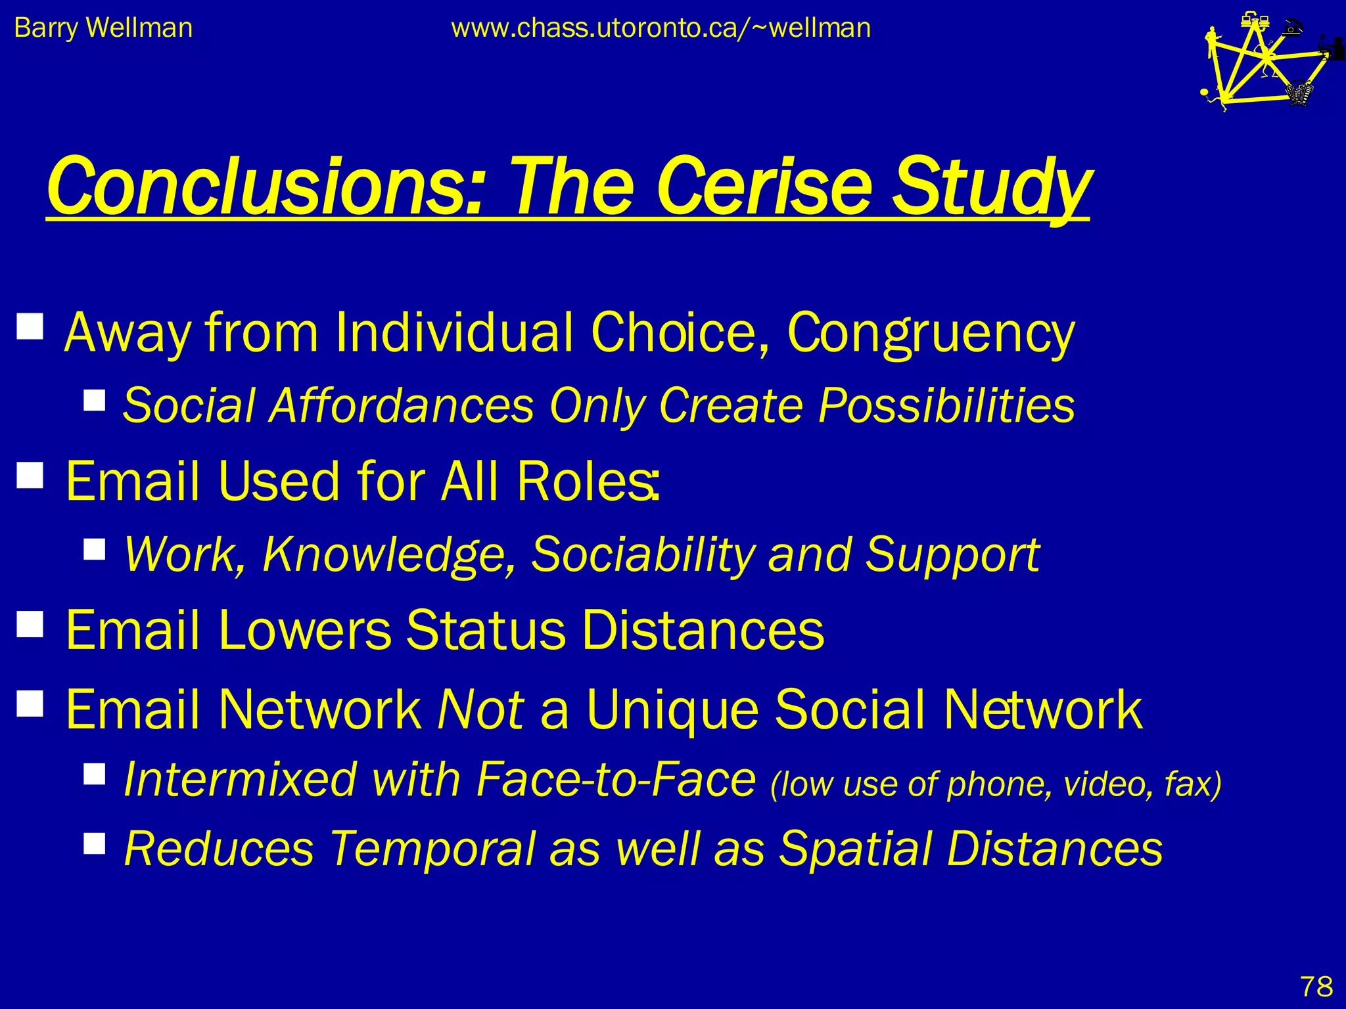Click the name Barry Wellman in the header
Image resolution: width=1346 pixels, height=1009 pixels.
tap(103, 28)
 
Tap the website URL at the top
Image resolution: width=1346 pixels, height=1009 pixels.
tap(661, 28)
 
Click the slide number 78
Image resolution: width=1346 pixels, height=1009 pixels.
tap(1316, 986)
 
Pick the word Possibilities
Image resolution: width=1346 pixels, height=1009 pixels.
tap(946, 405)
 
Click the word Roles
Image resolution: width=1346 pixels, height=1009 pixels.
tap(586, 481)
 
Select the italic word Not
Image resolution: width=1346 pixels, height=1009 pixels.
tap(480, 709)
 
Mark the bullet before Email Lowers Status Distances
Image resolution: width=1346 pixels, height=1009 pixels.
tap(30, 625)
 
